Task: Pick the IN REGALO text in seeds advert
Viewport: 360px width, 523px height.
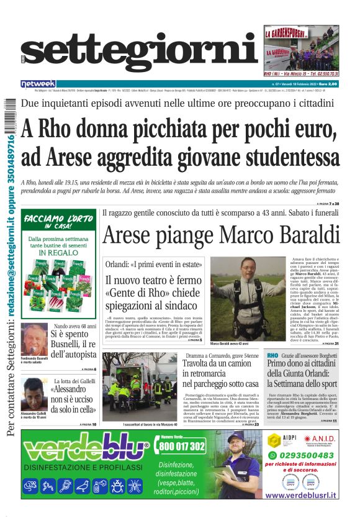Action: (x=59, y=253)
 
